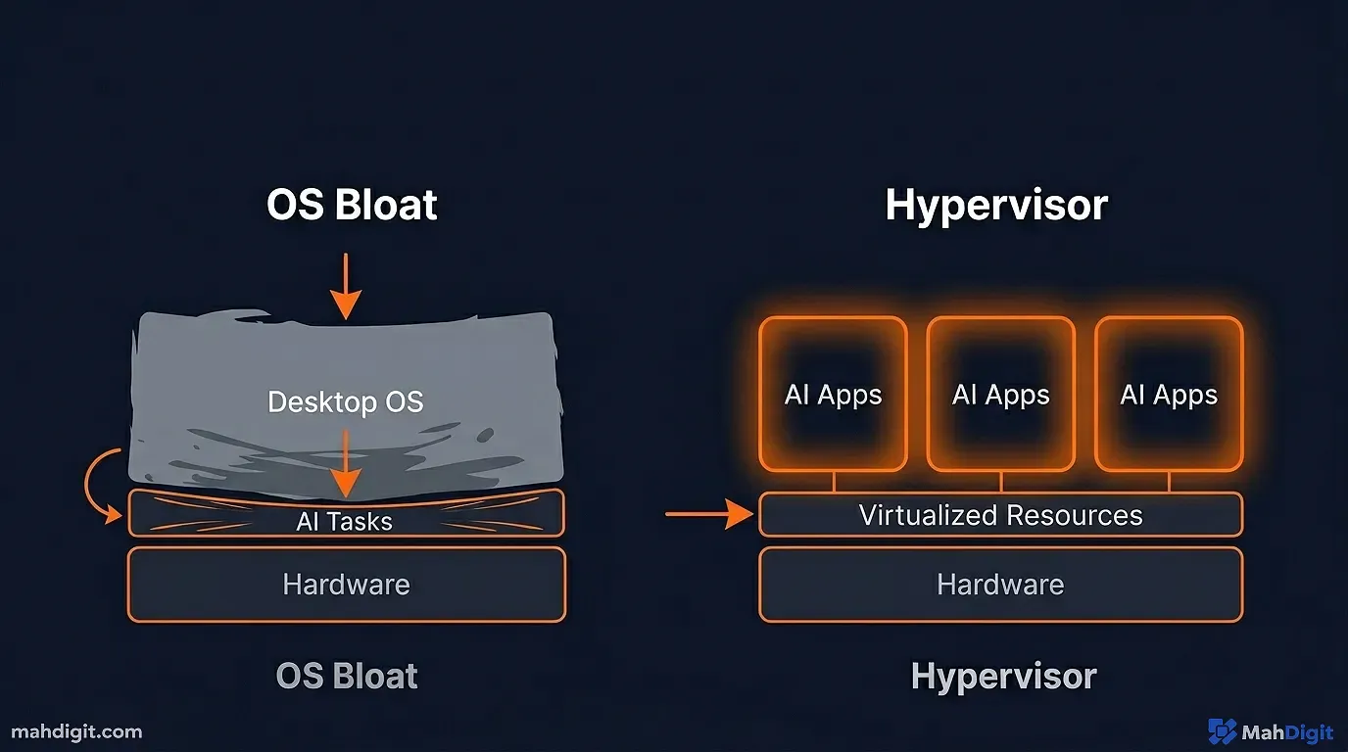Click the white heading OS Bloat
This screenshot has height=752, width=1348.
352,206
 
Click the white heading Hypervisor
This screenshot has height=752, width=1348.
996,206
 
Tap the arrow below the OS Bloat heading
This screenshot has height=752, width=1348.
345,286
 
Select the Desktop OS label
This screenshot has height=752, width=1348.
345,402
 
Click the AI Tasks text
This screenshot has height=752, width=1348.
345,522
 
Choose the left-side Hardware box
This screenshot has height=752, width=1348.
346,585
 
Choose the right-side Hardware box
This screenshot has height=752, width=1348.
1000,585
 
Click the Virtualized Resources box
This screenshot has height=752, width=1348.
1000,515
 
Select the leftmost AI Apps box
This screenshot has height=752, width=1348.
833,395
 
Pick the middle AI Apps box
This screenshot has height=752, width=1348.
1000,395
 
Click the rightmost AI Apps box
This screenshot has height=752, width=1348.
1168,395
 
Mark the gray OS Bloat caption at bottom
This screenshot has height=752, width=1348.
347,677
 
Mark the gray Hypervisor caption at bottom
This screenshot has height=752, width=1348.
1003,677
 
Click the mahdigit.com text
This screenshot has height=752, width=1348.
76,731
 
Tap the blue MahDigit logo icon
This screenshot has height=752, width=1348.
1222,730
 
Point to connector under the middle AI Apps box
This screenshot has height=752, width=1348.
1000,482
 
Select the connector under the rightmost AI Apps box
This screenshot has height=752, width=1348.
1168,482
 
